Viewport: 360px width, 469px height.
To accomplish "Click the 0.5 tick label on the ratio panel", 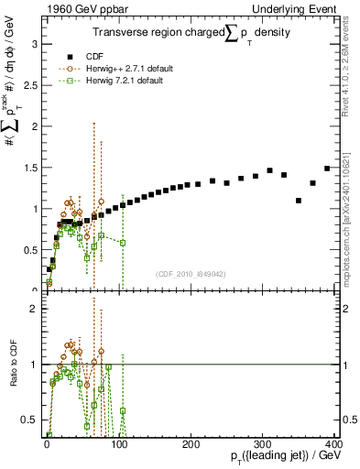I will tap(28, 420).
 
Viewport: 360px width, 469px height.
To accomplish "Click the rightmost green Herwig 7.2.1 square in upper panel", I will tap(122, 243).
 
